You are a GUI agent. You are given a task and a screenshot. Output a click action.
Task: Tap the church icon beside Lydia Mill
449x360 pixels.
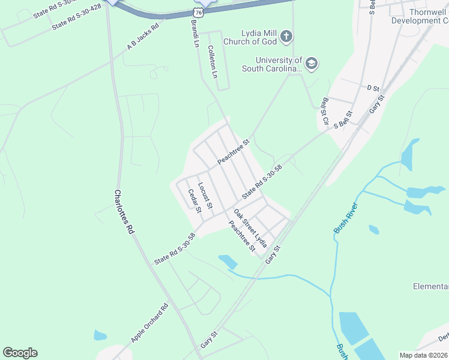coord(286,37)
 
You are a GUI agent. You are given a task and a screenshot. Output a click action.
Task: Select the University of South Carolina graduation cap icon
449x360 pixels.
coord(311,63)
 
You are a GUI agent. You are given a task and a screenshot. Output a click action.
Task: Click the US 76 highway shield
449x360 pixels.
coord(199,13)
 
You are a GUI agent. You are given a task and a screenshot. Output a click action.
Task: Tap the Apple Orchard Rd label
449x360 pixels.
coord(149,323)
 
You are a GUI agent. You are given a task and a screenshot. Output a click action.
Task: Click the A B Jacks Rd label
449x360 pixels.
coord(143,38)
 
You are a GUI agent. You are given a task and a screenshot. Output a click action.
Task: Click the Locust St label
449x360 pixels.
coord(205,196)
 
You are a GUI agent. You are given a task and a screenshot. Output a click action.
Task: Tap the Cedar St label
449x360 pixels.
coord(193,200)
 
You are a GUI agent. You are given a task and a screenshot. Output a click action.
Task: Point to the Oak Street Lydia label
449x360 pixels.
coord(250,229)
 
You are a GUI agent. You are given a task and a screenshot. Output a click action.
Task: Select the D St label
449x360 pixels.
coord(373,88)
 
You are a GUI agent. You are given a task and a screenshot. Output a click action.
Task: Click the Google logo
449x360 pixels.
coord(20,353)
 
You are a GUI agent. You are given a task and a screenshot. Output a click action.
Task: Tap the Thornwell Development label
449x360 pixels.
coord(420,16)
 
